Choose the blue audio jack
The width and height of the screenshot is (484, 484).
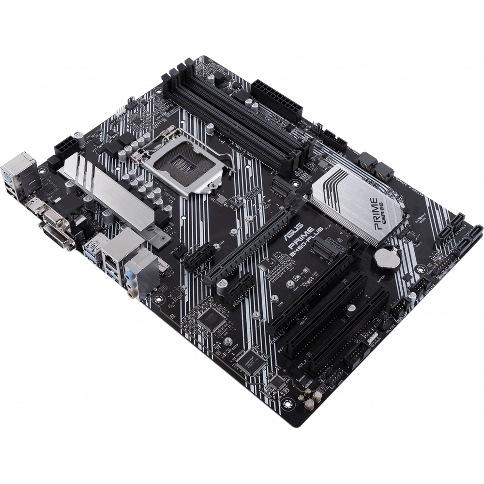129,277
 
